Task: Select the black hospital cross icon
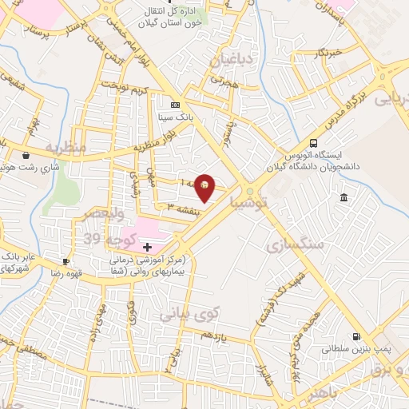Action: click(x=146, y=247)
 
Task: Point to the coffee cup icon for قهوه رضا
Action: click(x=66, y=261)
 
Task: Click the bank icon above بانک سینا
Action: click(x=175, y=105)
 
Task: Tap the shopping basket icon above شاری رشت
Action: click(x=26, y=156)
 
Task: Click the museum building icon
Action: click(x=343, y=197)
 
